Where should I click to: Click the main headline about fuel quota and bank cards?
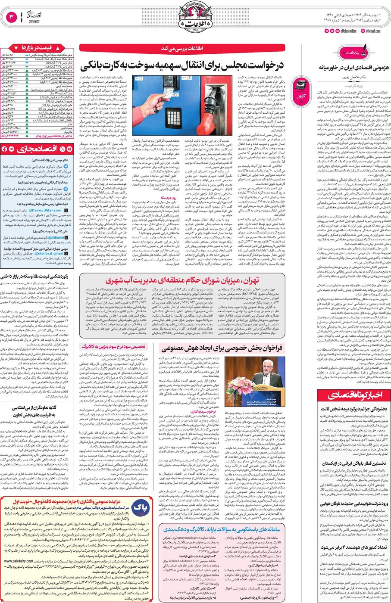click(x=183, y=65)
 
